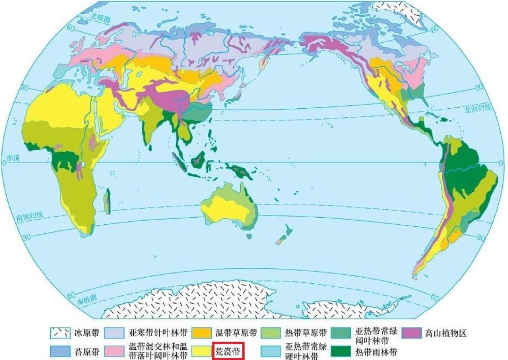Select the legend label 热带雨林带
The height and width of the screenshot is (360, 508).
point(376,351)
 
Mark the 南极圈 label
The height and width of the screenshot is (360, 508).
point(87,301)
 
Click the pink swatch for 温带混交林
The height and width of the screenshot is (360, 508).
point(113,351)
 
